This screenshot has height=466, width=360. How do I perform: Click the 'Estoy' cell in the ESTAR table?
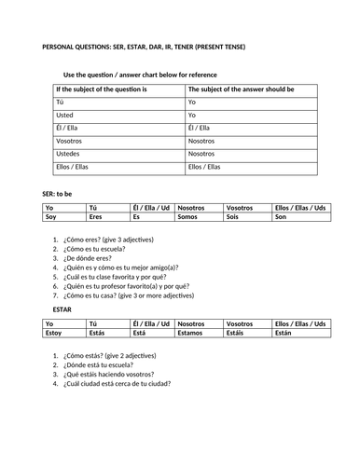tap(55, 331)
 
